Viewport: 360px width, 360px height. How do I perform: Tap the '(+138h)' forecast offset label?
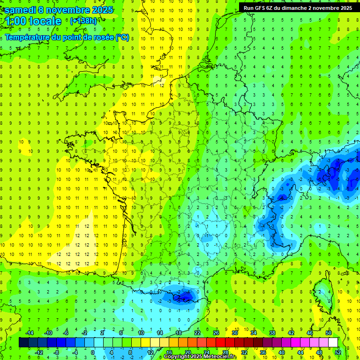point(83,21)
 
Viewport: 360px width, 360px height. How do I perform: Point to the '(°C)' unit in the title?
point(122,37)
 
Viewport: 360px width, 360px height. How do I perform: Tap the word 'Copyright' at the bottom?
point(178,357)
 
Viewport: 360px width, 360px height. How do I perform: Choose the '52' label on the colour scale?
point(338,352)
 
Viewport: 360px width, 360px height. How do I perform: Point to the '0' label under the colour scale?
point(93,352)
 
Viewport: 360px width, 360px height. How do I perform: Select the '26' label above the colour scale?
point(216,333)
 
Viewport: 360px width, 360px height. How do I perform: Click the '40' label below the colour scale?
point(281,352)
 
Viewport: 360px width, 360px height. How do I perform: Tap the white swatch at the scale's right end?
point(333,343)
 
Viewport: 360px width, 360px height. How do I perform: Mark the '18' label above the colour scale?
point(179,333)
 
